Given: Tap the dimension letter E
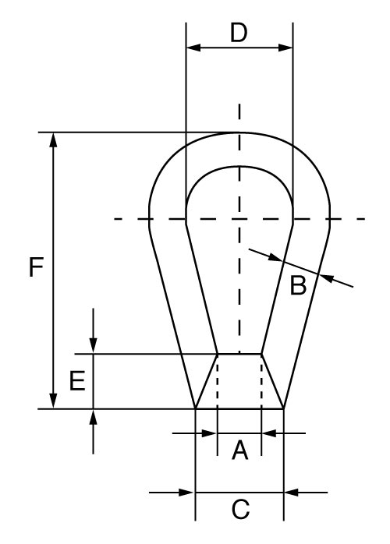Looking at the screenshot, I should coord(76,380).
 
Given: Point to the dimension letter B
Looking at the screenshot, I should coord(298,287).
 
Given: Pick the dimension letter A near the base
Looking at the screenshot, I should coord(239,450).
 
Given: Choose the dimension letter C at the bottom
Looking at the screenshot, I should coord(240,510).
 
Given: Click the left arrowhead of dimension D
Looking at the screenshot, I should coord(193,48).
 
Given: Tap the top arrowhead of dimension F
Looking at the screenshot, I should coord(53,140).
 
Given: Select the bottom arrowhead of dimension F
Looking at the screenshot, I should coord(53,401).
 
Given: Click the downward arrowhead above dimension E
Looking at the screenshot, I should coord(93,346).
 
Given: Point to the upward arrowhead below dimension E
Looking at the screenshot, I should coord(93,415).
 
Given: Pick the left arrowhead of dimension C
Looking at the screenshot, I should coord(187,493).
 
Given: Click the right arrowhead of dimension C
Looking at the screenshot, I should coord(291,493).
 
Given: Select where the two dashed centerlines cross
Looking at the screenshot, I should coord(239,219).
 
